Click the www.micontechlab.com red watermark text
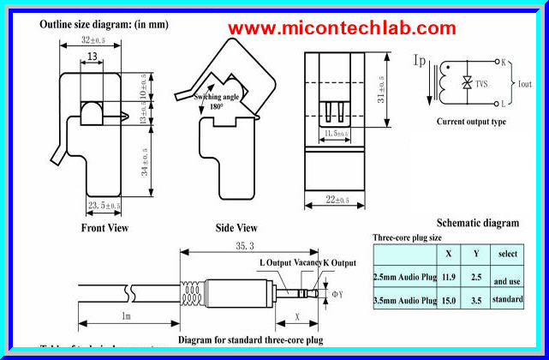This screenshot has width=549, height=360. tap(342, 29)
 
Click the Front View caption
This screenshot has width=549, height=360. tap(104, 229)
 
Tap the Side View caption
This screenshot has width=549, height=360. tap(235, 229)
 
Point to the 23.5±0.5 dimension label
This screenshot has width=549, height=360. tap(104, 206)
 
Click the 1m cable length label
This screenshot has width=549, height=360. tap(126, 316)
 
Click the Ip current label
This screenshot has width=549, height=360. tap(420, 61)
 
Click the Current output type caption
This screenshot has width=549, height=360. tap(471, 122)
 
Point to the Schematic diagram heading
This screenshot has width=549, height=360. tap(477, 223)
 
